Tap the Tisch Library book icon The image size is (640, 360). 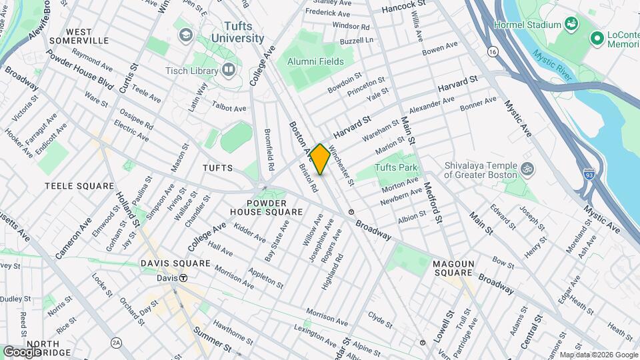pos(229,69)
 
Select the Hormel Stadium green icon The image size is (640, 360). pos(571,25)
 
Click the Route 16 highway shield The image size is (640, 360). pos(492,51)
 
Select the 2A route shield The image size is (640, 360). pos(117,343)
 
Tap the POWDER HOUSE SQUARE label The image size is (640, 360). pos(266,207)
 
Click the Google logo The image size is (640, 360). pos(22,351)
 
